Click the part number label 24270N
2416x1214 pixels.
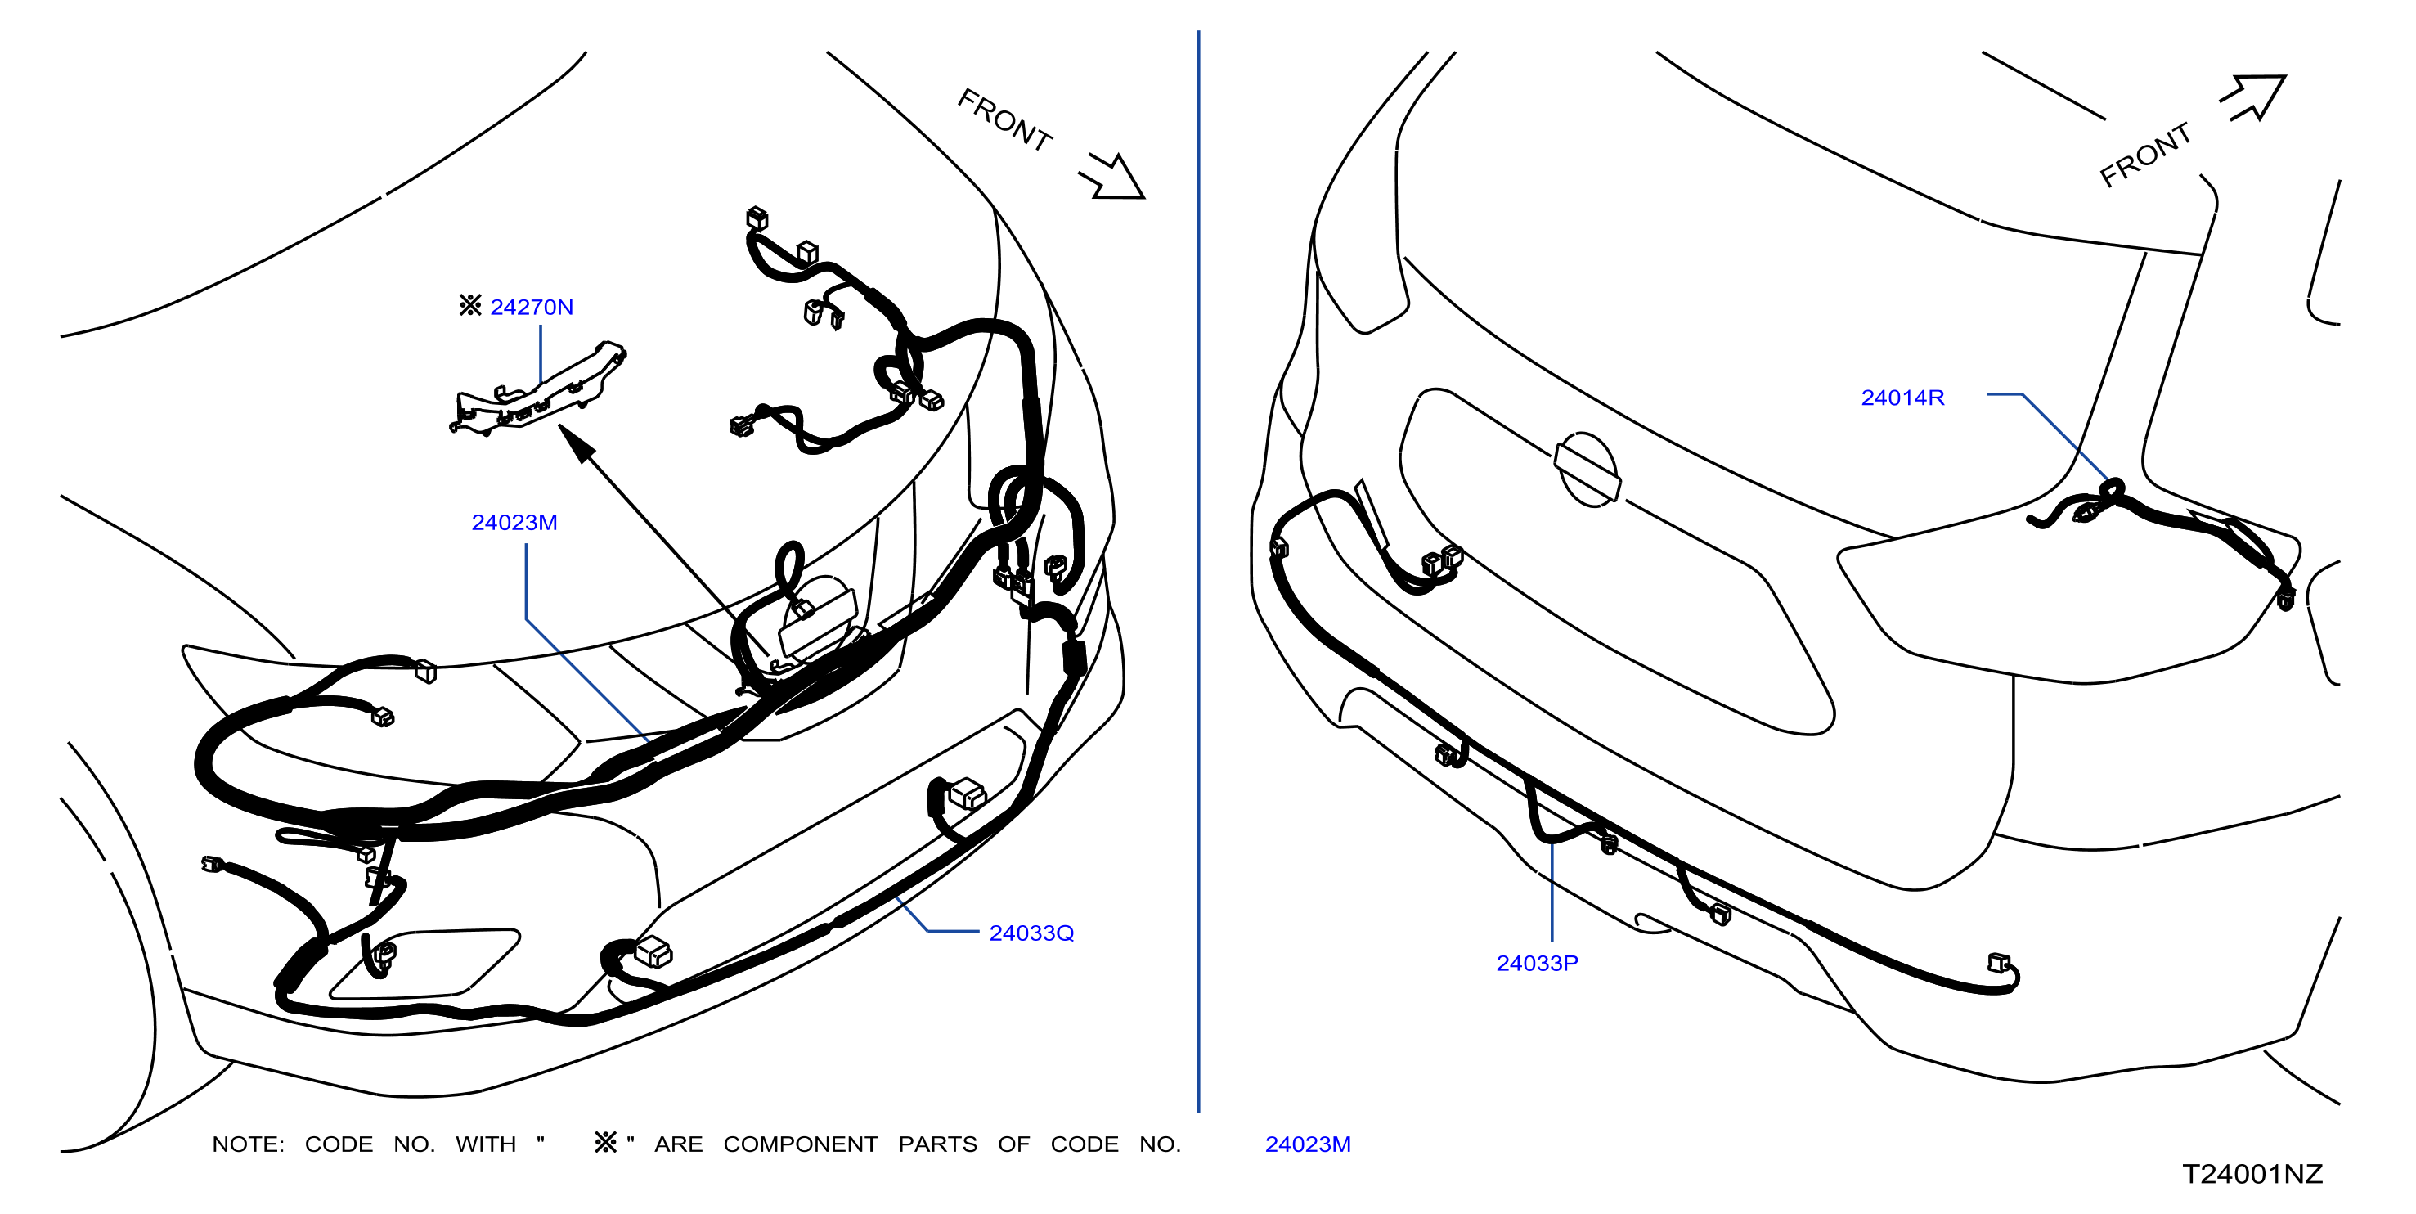click(531, 307)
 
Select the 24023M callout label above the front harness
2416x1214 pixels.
click(514, 523)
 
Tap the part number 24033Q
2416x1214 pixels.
click(1031, 933)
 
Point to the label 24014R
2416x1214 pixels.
click(1902, 398)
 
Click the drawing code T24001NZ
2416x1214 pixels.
click(2252, 1174)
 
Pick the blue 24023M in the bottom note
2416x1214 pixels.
click(1308, 1144)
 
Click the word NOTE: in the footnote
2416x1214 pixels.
click(248, 1144)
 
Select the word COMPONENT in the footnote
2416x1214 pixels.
click(800, 1144)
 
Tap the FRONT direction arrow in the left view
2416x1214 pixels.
click(1113, 177)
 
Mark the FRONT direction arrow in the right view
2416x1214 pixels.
click(2255, 97)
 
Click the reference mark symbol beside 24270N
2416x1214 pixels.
click(470, 305)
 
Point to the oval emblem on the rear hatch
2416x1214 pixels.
click(1587, 470)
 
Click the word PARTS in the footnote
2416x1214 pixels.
click(937, 1144)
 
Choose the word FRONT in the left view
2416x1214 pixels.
click(1004, 120)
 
